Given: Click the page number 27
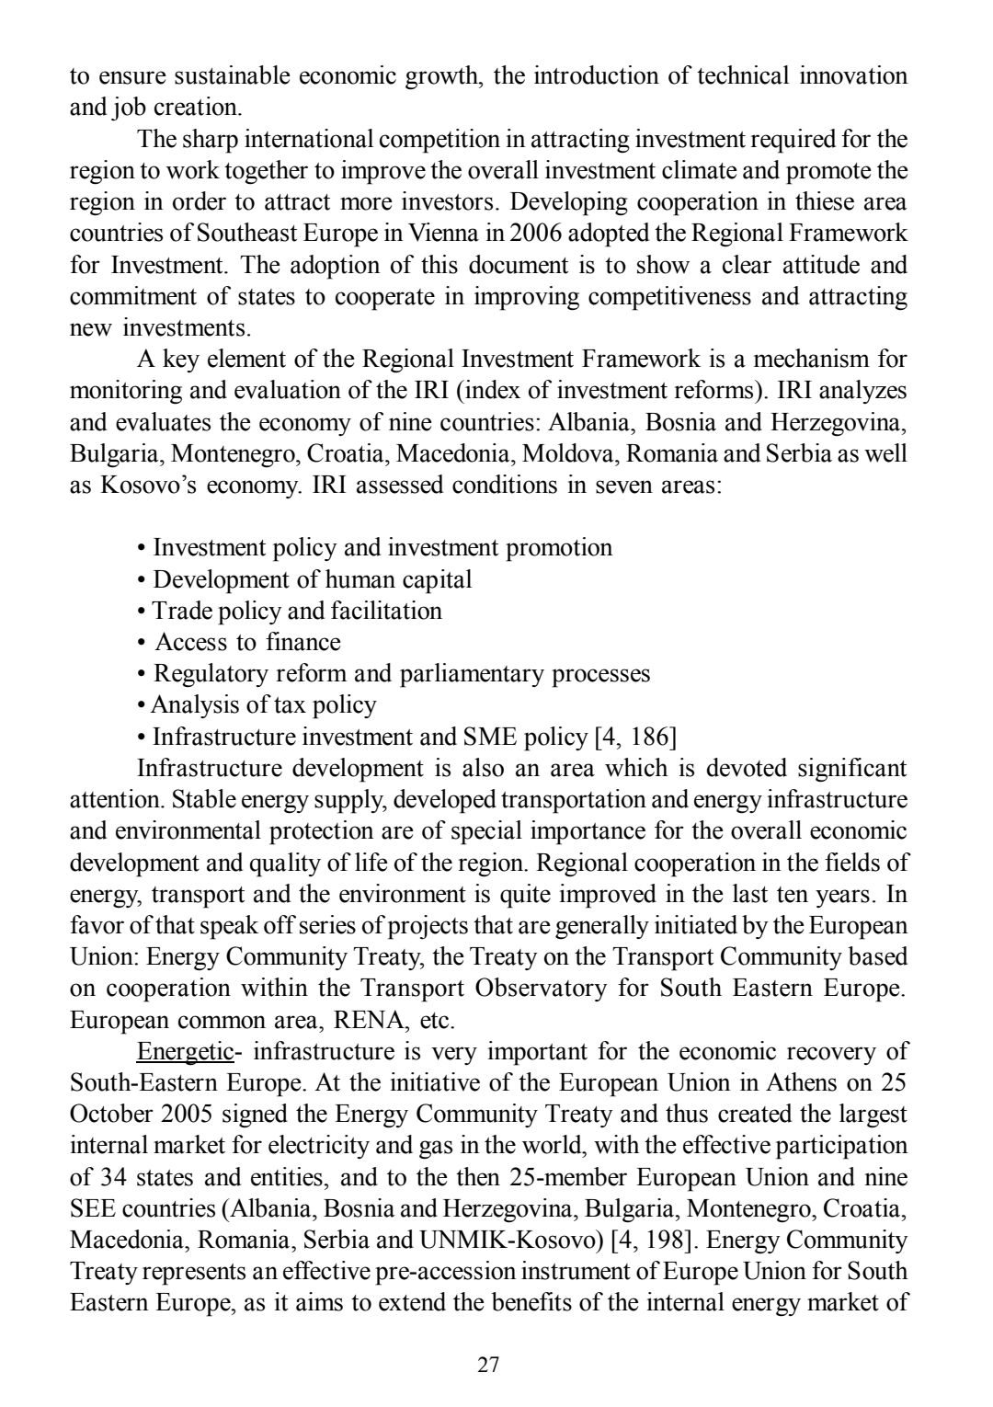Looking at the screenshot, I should coord(488,1364).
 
